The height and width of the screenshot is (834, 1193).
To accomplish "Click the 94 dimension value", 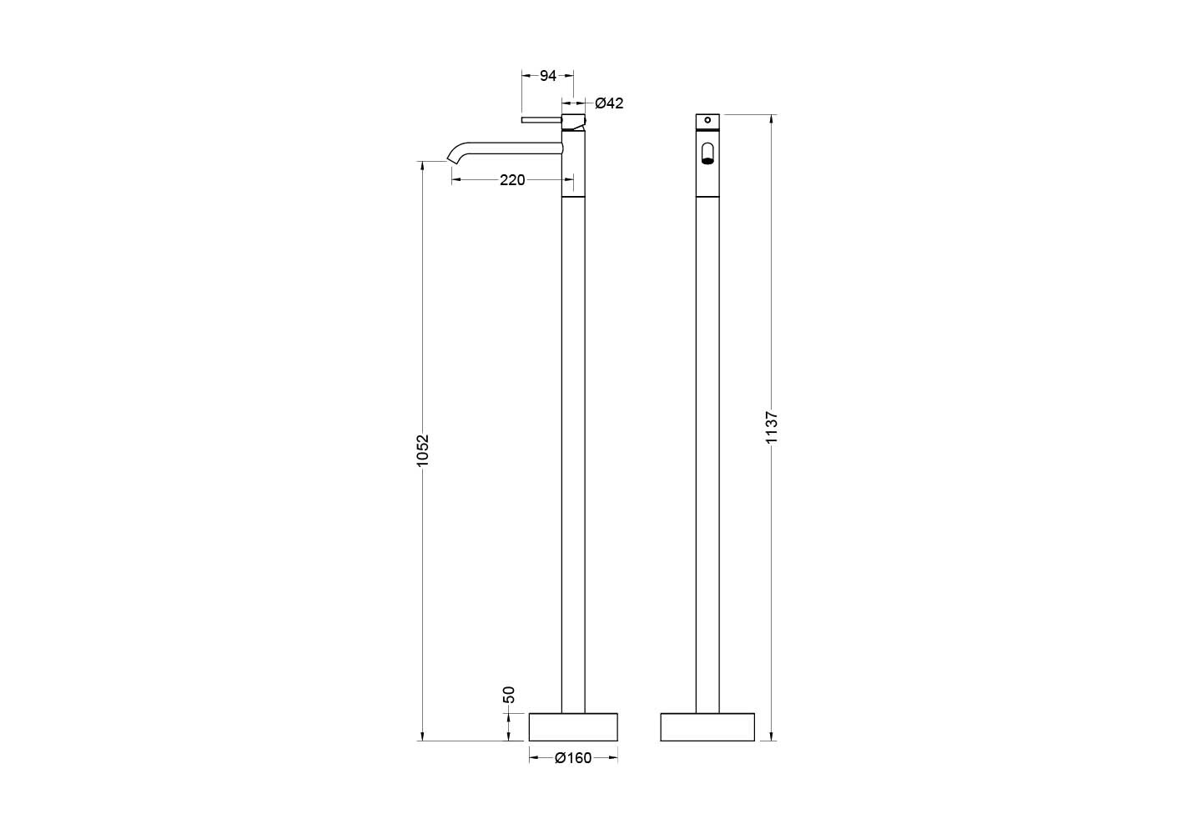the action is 547,76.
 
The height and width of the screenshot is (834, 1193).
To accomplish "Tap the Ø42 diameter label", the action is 609,103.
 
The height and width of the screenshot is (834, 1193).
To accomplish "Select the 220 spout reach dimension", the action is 511,180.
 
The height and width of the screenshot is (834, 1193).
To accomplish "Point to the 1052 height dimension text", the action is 422,450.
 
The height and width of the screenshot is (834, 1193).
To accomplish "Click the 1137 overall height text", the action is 772,427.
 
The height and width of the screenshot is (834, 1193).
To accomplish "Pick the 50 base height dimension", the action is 509,695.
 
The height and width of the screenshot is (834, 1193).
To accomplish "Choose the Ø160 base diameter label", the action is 573,758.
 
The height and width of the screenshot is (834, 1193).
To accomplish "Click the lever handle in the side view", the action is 541,120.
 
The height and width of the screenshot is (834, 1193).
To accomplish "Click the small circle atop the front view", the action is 707,120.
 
